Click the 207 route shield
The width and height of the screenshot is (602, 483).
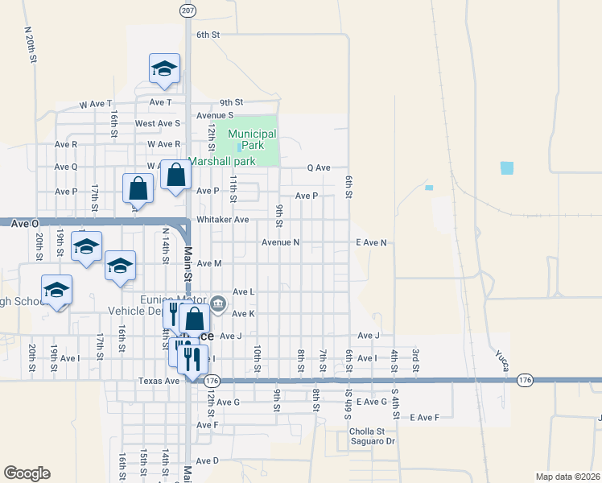pyautogui.click(x=187, y=9)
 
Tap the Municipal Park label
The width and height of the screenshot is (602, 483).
pyautogui.click(x=252, y=139)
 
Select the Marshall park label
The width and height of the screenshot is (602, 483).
pyautogui.click(x=222, y=161)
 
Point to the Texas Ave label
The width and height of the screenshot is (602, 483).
pyautogui.click(x=159, y=381)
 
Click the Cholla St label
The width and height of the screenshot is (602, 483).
pyautogui.click(x=366, y=431)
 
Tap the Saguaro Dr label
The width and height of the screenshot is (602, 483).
pyautogui.click(x=373, y=440)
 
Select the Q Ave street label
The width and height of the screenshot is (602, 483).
pyautogui.click(x=319, y=167)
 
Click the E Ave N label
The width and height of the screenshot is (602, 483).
pyautogui.click(x=371, y=242)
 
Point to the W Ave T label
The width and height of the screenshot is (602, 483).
pyautogui.click(x=96, y=104)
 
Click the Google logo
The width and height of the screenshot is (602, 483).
pyautogui.click(x=27, y=473)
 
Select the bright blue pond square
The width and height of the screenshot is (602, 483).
pyautogui.click(x=506, y=167)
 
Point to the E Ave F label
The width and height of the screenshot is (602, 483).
pyautogui.click(x=424, y=417)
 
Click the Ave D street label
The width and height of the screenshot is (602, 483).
pyautogui.click(x=208, y=460)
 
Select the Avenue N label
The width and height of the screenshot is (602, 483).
pyautogui.click(x=280, y=242)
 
